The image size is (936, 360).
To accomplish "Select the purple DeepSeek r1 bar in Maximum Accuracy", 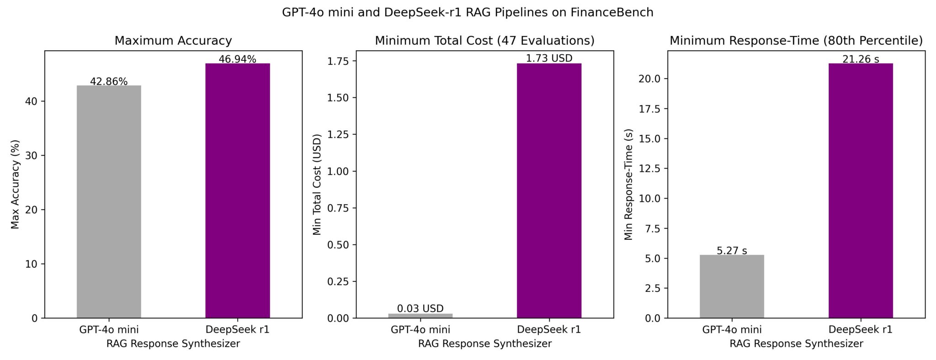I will point(238,191).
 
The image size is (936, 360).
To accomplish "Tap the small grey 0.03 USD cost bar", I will point(420,316).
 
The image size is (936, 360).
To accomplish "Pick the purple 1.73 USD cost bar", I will point(549,191).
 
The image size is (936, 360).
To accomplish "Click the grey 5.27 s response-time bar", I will point(732,286).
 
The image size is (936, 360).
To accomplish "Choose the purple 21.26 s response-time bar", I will point(861,191).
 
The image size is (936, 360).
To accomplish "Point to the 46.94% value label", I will point(238,59).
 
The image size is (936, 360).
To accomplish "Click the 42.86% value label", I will point(109,82).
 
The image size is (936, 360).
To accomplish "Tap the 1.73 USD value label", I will point(549,58).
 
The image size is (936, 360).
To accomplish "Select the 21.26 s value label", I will point(861,59).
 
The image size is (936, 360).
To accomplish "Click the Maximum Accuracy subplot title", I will point(173,41).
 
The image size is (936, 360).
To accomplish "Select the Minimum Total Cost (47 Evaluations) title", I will point(484,41).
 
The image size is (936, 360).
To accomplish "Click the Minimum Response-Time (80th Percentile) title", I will point(796,41).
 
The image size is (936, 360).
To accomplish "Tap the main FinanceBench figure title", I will point(468,12).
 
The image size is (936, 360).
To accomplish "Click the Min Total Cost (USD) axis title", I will point(317,184).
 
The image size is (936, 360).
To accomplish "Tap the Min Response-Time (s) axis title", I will point(629,184).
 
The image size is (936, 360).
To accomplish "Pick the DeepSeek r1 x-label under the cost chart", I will point(549,329).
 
